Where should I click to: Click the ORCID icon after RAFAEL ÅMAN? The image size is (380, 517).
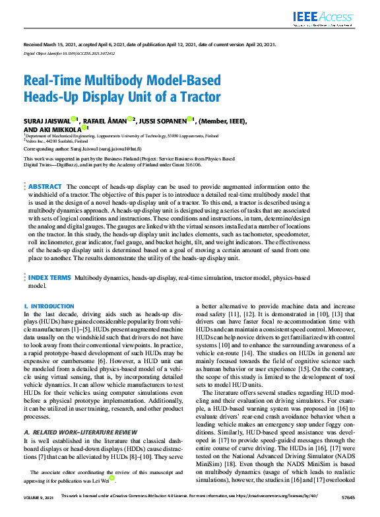coord(133,120)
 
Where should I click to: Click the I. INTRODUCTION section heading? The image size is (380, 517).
coord(49,306)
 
